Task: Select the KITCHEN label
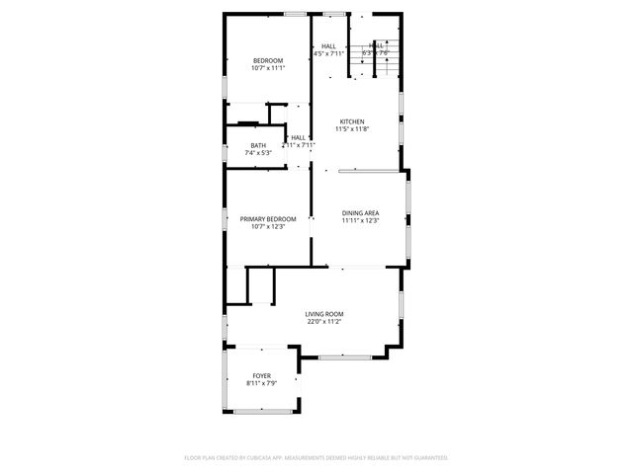tap(352, 121)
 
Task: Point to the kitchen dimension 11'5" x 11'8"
tap(352, 129)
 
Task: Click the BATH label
tap(257, 145)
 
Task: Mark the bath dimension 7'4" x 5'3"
tap(257, 153)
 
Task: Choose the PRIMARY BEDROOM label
tap(267, 218)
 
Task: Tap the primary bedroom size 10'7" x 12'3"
tap(267, 226)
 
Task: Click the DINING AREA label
tap(361, 212)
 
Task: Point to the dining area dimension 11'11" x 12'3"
tap(361, 220)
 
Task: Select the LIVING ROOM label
tap(324, 314)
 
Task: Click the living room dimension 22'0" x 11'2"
tap(324, 322)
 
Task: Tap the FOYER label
tap(261, 375)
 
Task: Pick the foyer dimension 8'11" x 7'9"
tap(261, 383)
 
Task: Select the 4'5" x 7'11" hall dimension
tap(328, 53)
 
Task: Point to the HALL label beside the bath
tap(298, 137)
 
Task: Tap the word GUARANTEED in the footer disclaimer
tap(426, 458)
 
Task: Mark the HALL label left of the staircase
tap(328, 45)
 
